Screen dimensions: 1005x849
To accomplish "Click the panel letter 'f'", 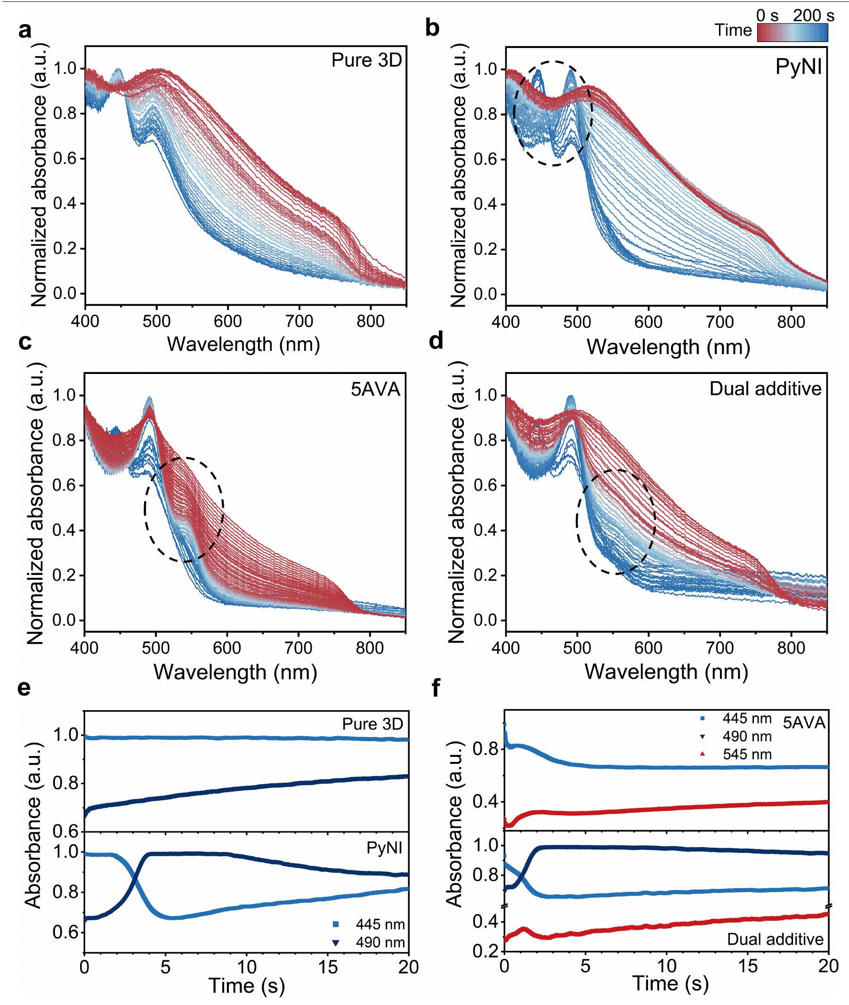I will pos(436,689).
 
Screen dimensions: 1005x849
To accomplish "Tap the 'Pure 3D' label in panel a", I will pos(366,60).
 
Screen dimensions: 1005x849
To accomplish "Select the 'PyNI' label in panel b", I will pos(799,66).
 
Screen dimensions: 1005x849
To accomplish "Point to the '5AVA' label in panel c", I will pos(375,389).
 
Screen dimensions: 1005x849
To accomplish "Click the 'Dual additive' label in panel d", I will pos(765,389).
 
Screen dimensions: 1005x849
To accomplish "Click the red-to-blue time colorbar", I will pos(792,32).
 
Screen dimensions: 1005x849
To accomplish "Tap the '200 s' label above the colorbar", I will pos(813,16).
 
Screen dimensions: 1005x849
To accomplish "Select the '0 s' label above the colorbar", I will pos(767,16).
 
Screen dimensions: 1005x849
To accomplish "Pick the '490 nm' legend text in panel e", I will pos(380,942).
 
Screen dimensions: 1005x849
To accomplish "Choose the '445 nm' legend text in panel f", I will pos(747,719).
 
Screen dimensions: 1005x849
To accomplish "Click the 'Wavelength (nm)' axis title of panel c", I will pos(235,672).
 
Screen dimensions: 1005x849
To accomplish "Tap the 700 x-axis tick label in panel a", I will pos(299,321).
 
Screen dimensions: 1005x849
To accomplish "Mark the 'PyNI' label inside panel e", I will pos(384,847).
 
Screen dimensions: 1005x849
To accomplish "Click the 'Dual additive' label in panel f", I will pos(775,939).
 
